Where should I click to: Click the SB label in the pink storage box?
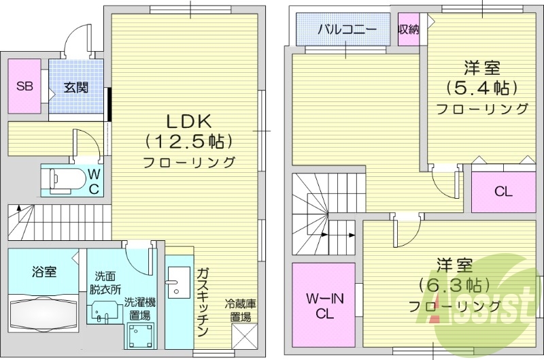tap(24, 86)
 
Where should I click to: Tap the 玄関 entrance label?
tap(75, 88)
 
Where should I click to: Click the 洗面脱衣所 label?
tap(107, 282)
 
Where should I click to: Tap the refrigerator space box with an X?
tap(243, 336)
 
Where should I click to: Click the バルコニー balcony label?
tap(347, 30)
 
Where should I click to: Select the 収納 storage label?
tap(408, 29)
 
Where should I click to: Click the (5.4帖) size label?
tap(483, 88)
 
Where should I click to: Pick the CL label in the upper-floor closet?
tap(503, 191)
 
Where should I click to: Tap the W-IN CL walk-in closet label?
tap(324, 306)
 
